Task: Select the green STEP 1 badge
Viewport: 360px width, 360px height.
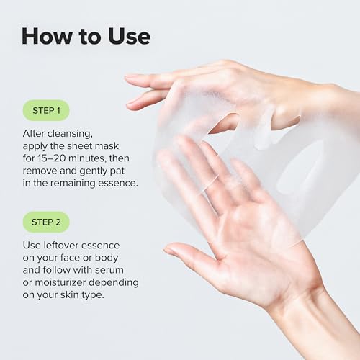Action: (x=47, y=110)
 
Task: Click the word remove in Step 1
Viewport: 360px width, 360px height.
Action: (x=43, y=173)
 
